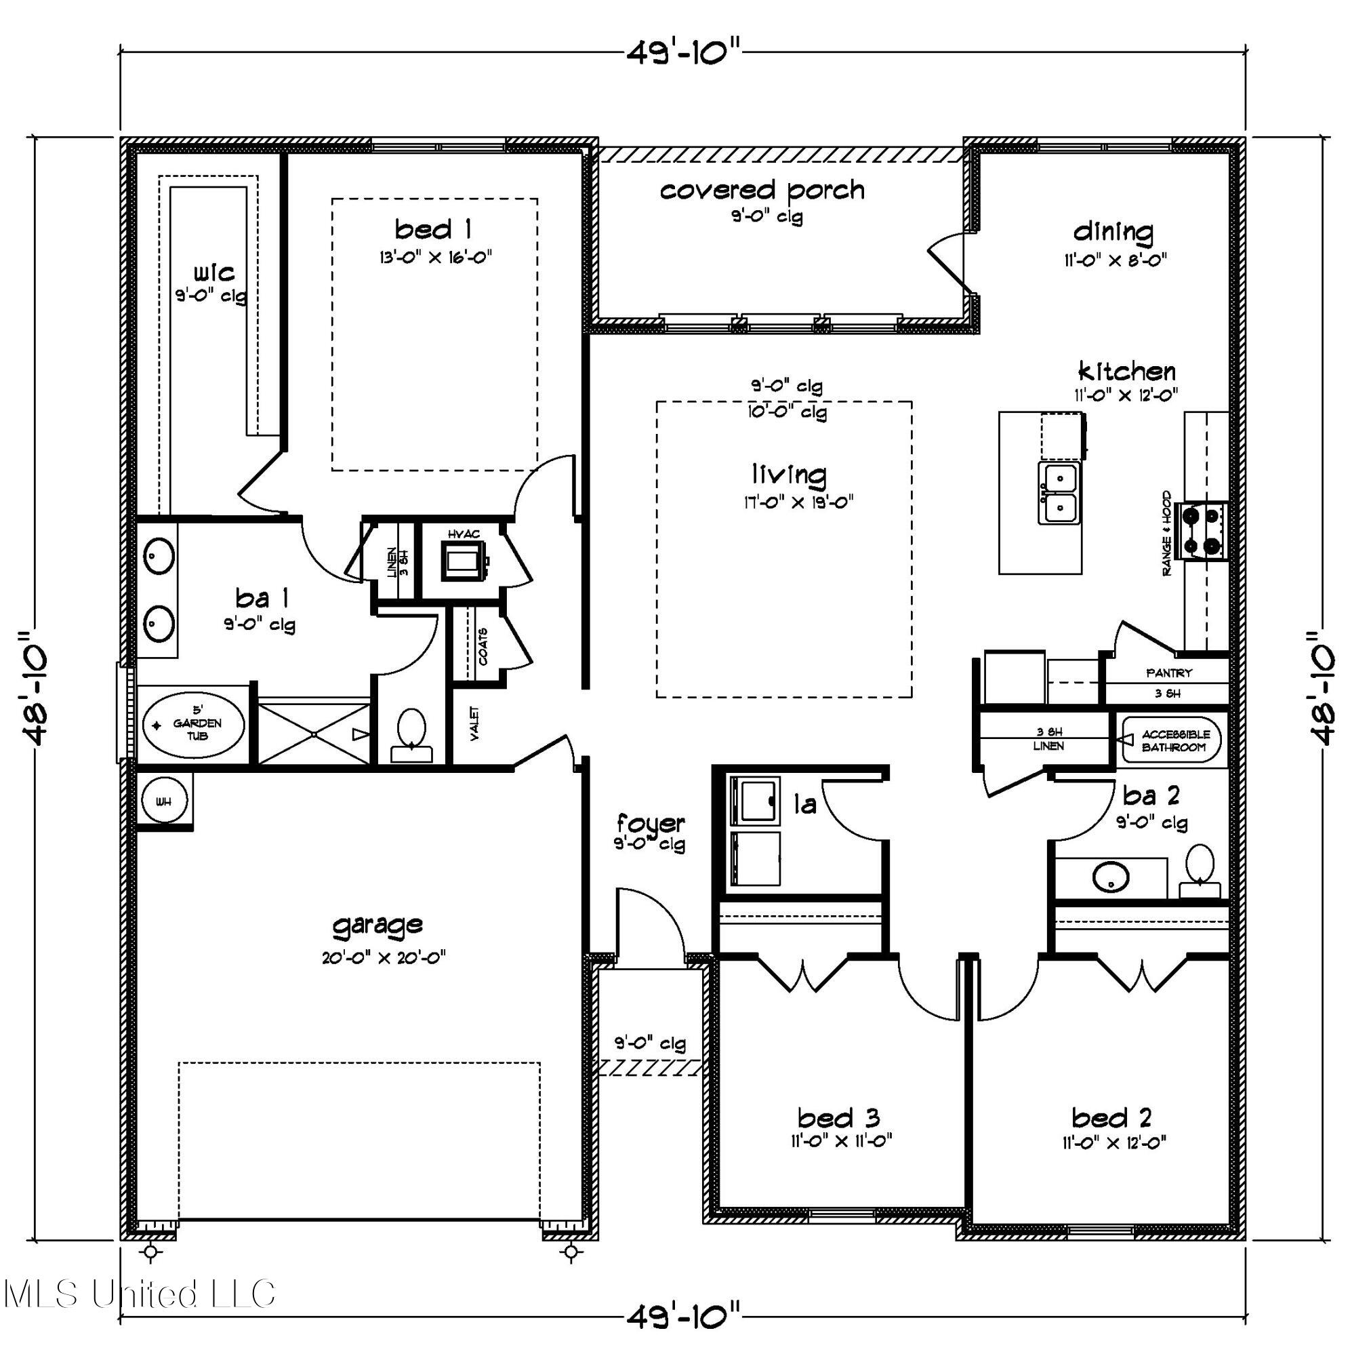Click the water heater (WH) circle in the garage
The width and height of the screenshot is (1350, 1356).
click(x=163, y=801)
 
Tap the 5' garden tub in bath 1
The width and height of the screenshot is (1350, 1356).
click(x=195, y=723)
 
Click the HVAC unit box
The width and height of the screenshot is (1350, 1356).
click(x=463, y=559)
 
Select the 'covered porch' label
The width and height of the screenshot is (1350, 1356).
click(x=762, y=191)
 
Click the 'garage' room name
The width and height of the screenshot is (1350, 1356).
click(x=377, y=925)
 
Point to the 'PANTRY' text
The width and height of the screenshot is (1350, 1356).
click(x=1169, y=673)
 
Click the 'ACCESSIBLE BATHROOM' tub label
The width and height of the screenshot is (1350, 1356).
click(x=1175, y=740)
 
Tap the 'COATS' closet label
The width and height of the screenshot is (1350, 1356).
click(x=483, y=646)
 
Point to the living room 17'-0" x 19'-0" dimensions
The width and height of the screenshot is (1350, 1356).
click(x=798, y=502)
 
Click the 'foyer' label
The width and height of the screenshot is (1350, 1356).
click(x=651, y=822)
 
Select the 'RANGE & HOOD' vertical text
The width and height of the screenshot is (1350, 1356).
click(x=1167, y=534)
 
